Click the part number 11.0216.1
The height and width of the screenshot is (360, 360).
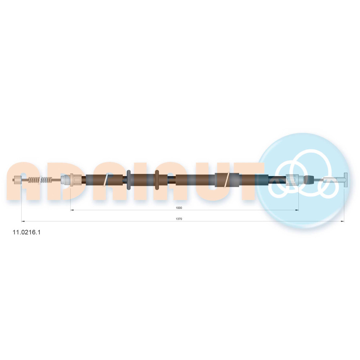26,232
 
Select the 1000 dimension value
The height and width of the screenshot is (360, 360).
179,208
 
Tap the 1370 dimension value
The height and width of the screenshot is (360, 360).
179,219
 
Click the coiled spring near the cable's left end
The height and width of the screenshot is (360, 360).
40,180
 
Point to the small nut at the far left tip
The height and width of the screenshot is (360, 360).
17,179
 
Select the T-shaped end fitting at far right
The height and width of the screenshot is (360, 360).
346,180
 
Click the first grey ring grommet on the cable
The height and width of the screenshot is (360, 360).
129,180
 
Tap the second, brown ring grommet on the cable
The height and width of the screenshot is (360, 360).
157,180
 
